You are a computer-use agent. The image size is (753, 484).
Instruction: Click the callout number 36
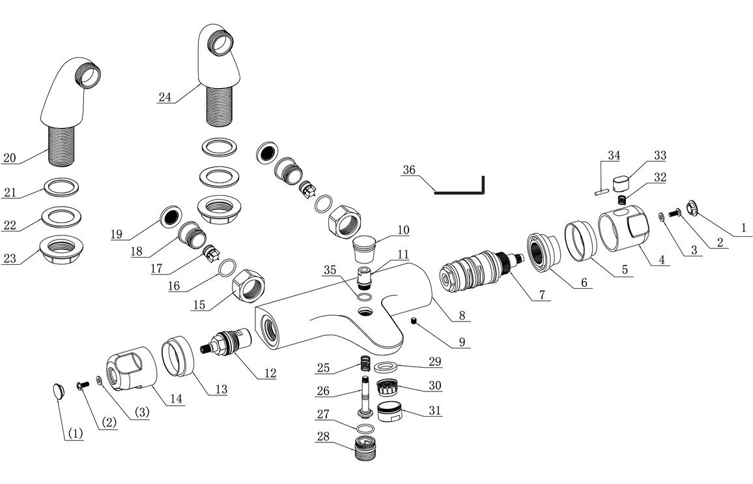[x=408, y=170]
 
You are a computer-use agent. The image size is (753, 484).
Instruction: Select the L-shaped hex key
[x=459, y=192]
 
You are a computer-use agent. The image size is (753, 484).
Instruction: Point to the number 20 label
[x=9, y=157]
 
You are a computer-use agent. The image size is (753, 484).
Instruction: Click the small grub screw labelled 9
[x=413, y=319]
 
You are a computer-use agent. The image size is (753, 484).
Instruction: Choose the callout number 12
[x=269, y=373]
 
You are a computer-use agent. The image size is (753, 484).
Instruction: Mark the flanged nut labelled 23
[x=64, y=248]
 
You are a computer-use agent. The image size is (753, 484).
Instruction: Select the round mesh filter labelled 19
[x=172, y=216]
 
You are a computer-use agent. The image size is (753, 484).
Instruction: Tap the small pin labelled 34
[x=601, y=191]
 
